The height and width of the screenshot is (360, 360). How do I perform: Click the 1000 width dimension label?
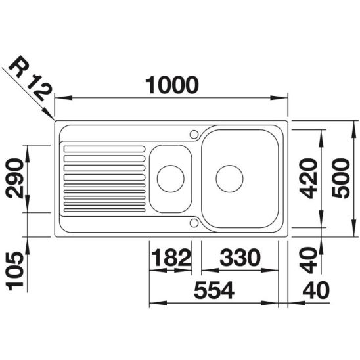click(x=172, y=85)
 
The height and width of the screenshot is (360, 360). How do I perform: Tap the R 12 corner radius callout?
click(x=30, y=78)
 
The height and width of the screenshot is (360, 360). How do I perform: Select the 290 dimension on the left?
click(x=15, y=178)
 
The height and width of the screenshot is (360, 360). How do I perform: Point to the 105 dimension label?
click(x=15, y=271)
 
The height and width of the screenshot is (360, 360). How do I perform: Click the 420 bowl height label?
click(x=309, y=179)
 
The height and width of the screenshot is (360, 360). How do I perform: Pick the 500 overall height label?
click(x=341, y=179)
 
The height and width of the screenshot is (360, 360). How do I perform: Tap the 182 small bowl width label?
click(x=171, y=257)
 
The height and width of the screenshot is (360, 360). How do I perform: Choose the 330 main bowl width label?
click(x=240, y=257)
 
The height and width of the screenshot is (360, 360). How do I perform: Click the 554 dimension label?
click(x=214, y=290)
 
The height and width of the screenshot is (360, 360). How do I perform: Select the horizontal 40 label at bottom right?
click(x=316, y=290)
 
